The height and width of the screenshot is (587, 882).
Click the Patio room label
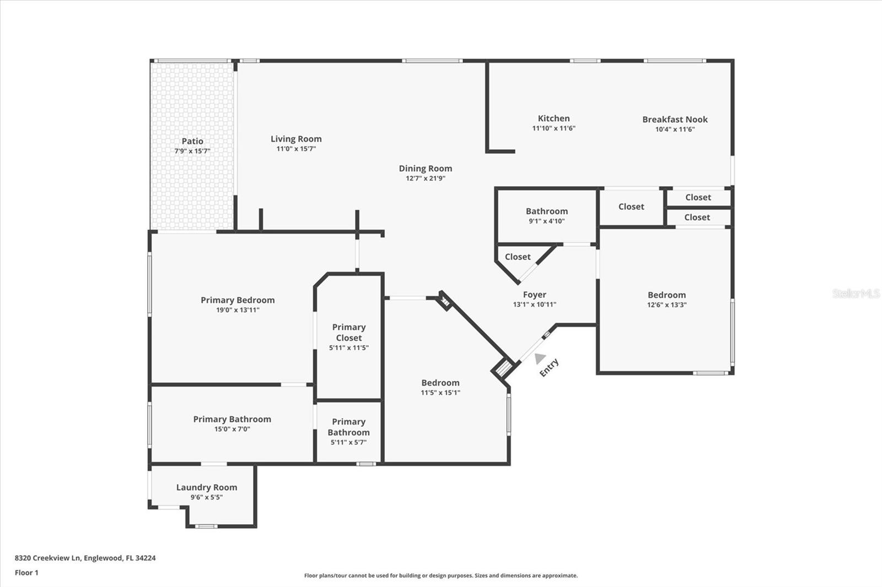tap(192, 142)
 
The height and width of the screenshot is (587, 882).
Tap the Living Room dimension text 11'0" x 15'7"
tap(296, 149)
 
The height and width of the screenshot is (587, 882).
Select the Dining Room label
tap(425, 169)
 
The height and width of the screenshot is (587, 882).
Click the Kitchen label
tap(553, 118)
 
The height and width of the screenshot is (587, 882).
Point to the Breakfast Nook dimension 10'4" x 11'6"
tap(675, 129)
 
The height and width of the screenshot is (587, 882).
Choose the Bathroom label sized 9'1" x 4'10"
tap(546, 211)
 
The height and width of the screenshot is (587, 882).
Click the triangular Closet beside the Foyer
tap(518, 257)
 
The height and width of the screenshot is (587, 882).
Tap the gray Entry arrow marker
tap(540, 358)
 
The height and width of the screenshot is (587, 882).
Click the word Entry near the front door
tap(549, 367)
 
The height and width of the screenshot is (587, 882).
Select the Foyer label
tap(534, 295)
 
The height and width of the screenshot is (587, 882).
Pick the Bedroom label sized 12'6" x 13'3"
tap(666, 295)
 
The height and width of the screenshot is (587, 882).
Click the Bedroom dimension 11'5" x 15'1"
tap(440, 393)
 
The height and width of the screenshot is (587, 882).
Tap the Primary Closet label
tap(348, 333)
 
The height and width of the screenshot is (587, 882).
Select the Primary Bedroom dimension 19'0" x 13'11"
tap(238, 310)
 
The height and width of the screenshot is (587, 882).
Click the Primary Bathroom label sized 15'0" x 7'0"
tap(232, 419)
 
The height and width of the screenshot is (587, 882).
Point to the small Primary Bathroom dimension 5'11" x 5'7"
tap(348, 442)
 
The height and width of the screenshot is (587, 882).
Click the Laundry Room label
tap(207, 487)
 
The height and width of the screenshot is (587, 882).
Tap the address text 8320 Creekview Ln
tap(48, 558)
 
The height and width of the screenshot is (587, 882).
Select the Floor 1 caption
tap(26, 573)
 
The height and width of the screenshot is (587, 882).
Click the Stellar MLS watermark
tap(856, 293)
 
